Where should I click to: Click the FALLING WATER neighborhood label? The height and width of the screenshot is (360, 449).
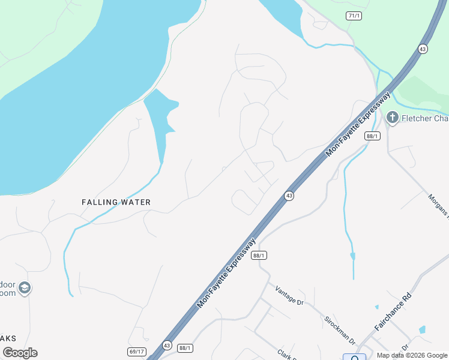tap(116, 202)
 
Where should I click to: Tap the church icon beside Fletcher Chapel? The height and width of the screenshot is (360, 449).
tap(393, 118)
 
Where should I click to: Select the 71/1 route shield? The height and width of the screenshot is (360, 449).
tap(354, 16)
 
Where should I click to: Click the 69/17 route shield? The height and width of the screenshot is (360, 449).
tap(137, 351)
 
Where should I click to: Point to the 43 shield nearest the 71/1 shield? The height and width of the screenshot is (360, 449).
tap(423, 49)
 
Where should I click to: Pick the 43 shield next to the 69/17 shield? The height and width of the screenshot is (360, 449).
tap(167, 346)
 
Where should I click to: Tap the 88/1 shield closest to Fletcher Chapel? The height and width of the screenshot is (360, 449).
tap(372, 136)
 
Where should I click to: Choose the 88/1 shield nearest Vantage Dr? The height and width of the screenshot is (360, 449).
tap(259, 255)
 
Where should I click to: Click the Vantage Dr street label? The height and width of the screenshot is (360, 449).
tap(290, 295)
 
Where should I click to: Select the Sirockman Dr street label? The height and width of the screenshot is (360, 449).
tap(340, 329)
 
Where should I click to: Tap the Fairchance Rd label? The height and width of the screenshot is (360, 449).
tap(393, 312)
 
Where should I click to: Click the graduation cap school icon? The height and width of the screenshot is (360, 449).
tap(25, 289)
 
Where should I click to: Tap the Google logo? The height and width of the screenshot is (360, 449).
tap(20, 353)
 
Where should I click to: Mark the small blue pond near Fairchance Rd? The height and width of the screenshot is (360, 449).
tap(423, 329)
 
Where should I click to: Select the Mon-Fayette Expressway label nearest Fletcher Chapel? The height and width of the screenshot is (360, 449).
tap(358, 124)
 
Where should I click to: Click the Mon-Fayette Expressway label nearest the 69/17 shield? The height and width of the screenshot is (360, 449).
tap(226, 274)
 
